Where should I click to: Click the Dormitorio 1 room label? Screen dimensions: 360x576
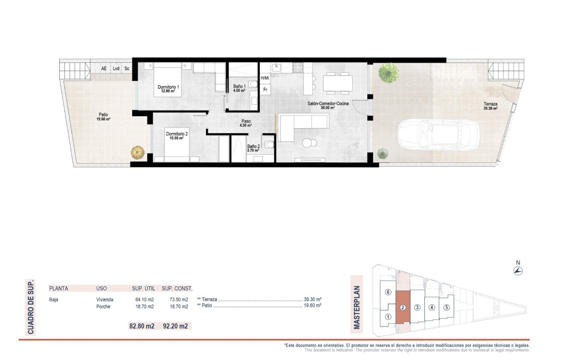[x=169, y=87]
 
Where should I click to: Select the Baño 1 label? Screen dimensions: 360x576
[x=239, y=86]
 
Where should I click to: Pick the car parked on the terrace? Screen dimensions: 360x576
[x=438, y=135]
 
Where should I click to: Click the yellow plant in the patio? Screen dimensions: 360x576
[x=137, y=152]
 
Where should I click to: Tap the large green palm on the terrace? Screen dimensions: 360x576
[x=388, y=72]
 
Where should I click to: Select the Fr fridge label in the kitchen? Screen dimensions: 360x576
[x=265, y=89]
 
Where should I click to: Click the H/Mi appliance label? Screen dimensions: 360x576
[x=265, y=78]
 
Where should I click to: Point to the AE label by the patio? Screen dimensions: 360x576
[x=104, y=68]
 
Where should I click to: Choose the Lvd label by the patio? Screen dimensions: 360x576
[x=116, y=68]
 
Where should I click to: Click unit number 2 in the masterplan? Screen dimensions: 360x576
[x=403, y=307]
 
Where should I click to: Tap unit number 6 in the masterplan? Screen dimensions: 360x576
[x=388, y=292]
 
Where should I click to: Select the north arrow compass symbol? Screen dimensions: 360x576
[x=518, y=271]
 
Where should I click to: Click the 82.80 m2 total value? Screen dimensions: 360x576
[x=141, y=326]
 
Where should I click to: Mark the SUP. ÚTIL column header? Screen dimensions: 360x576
[x=143, y=288]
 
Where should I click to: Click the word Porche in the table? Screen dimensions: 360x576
[x=103, y=307]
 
